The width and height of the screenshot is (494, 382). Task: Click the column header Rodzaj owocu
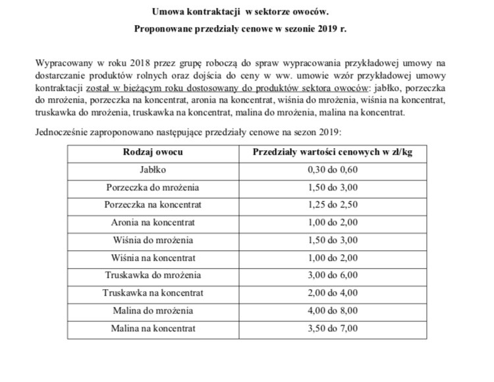[x=153, y=152]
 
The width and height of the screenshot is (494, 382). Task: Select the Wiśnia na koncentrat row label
[x=153, y=258]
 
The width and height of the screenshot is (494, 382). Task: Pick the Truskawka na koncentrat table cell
[x=153, y=292]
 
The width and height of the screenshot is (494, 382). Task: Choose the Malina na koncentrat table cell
[x=153, y=327]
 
